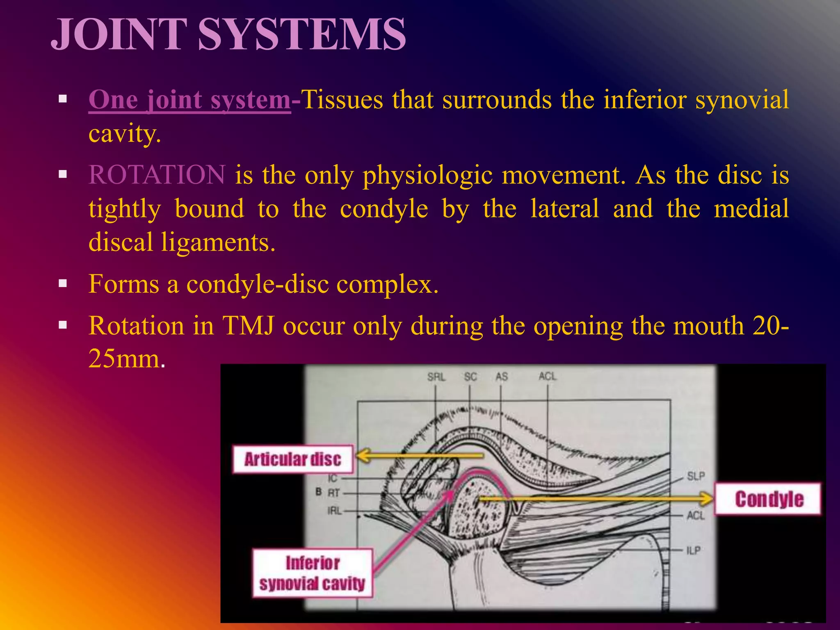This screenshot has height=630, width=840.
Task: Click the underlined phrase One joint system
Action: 189,100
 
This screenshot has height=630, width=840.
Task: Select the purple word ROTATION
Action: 157,175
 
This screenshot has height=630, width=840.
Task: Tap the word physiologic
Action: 427,176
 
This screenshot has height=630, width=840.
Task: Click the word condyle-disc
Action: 258,284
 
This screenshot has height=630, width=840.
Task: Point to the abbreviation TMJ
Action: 248,326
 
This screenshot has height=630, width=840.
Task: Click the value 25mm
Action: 124,359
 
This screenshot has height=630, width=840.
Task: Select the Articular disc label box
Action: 293,459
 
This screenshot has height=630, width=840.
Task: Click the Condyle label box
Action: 769,499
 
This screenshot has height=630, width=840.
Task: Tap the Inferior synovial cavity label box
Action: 312,573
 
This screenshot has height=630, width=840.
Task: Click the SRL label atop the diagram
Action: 436,377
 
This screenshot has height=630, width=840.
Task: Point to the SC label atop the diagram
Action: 470,377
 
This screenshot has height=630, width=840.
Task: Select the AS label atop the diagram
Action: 502,377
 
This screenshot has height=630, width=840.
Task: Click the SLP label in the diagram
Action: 696,476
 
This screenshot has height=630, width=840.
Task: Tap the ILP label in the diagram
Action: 693,550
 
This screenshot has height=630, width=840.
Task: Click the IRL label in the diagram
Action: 334,511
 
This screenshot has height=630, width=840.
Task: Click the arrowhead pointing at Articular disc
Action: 363,456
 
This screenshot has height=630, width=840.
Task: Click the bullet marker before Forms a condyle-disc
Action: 63,283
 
